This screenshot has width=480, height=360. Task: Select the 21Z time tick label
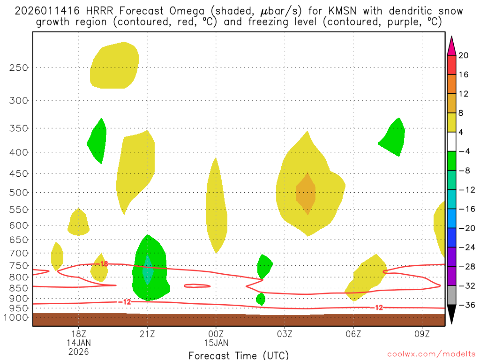click(147, 334)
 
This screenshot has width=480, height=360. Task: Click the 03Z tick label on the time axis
click(285, 334)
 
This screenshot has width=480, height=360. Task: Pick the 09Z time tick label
click(422, 334)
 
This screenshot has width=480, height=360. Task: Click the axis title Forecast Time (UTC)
click(239, 355)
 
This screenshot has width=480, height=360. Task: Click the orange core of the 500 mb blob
click(306, 194)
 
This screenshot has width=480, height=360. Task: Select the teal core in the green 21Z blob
click(148, 270)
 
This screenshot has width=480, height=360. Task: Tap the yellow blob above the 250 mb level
click(115, 66)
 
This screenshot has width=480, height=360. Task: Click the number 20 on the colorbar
click(463, 55)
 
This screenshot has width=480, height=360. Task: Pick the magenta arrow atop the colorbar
click(451, 46)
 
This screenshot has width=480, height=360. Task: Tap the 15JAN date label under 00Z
click(216, 343)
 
